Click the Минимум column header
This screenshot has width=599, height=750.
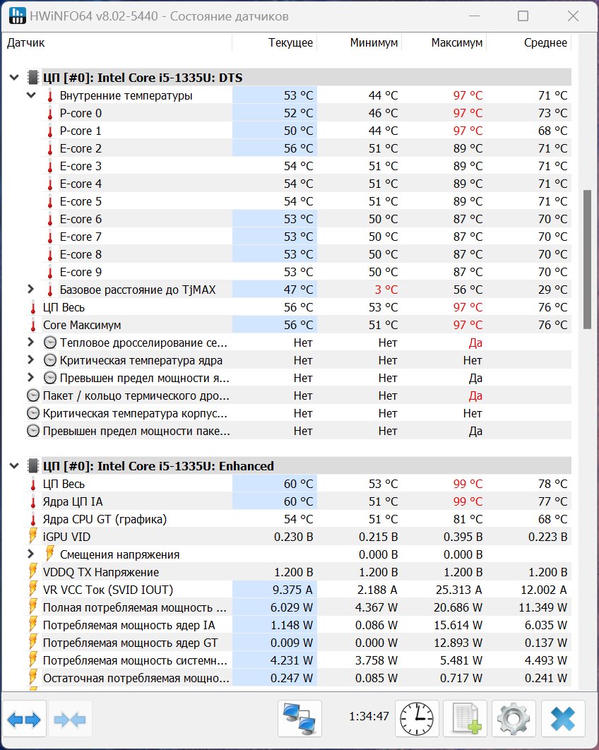pyautogui.click(x=374, y=42)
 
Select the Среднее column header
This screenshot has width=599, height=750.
pyautogui.click(x=545, y=42)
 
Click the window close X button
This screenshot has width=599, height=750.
pyautogui.click(x=573, y=16)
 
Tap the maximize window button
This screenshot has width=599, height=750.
pyautogui.click(x=523, y=16)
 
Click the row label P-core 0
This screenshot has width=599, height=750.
pyautogui.click(x=81, y=114)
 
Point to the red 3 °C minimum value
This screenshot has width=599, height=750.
pyautogui.click(x=386, y=290)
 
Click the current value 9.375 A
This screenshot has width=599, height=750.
pyautogui.click(x=292, y=590)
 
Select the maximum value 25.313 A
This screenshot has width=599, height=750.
pyautogui.click(x=459, y=590)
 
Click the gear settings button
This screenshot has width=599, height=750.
pyautogui.click(x=514, y=718)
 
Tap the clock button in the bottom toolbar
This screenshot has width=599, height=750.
pyautogui.click(x=417, y=718)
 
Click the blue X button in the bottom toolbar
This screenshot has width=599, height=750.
pyautogui.click(x=563, y=718)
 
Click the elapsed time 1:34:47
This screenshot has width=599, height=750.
pyautogui.click(x=369, y=716)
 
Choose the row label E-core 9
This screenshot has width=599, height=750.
pyautogui.click(x=81, y=272)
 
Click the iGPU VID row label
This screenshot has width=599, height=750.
pyautogui.click(x=66, y=537)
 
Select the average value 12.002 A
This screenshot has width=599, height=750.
pyautogui.click(x=543, y=590)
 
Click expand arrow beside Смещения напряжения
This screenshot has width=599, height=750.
pyautogui.click(x=30, y=554)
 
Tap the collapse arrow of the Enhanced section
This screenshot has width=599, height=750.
pyautogui.click(x=14, y=466)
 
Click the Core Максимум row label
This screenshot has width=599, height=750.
pyautogui.click(x=82, y=326)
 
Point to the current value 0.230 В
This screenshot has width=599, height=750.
pyautogui.click(x=293, y=537)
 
